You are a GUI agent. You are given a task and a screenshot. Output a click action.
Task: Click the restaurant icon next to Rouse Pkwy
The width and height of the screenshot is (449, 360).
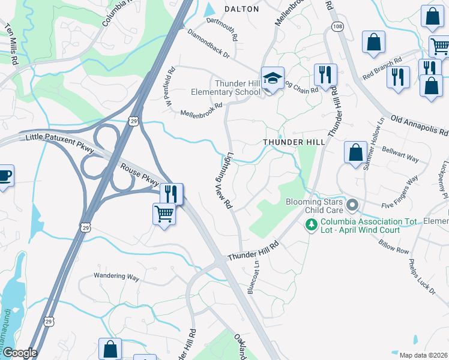(x=171, y=194)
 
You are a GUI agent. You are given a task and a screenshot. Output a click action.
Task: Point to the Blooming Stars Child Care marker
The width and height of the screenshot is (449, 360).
(x=352, y=206)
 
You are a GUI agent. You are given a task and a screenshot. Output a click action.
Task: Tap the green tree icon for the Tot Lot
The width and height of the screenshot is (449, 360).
(x=311, y=225)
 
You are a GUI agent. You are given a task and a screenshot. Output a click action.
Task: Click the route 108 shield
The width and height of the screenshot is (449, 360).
(x=338, y=27)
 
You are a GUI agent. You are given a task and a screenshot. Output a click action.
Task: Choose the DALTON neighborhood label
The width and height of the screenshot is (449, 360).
(x=241, y=9)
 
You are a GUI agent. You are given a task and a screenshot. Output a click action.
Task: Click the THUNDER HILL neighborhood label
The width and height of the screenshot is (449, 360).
(x=294, y=142)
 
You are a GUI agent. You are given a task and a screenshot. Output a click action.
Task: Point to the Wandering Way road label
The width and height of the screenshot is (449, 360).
(x=116, y=277)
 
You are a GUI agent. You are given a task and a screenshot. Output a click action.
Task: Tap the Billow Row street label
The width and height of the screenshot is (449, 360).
(x=393, y=242)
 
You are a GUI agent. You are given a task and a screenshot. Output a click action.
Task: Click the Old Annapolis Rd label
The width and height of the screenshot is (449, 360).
(x=420, y=124)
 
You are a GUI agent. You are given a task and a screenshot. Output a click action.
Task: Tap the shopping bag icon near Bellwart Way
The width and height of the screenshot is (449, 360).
(x=355, y=152)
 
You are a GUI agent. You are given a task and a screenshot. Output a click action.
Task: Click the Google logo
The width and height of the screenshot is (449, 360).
(x=19, y=353)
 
